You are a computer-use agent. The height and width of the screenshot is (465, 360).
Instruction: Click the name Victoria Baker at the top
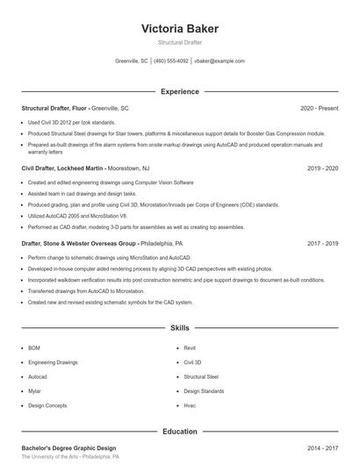click(180, 28)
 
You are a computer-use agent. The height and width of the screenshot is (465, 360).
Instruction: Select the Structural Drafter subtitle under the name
click(180, 42)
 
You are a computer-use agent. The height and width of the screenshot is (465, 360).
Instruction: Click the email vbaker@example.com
click(220, 61)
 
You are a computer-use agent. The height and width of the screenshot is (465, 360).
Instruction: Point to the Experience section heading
click(180, 91)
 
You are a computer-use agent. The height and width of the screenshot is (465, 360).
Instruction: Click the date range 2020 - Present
click(319, 108)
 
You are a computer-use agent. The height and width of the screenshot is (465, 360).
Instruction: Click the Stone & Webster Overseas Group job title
click(79, 243)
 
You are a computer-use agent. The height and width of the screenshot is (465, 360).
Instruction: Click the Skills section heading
click(180, 328)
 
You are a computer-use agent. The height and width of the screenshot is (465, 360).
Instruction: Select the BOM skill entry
click(34, 347)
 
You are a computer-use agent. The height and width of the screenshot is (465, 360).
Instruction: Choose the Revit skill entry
click(190, 347)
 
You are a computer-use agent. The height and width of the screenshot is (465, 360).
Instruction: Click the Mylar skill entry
click(34, 391)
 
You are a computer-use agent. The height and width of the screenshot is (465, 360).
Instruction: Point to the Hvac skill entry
click(190, 406)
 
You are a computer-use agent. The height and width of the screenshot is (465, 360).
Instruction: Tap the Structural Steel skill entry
click(201, 376)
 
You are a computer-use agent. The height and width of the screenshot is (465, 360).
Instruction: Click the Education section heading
click(180, 432)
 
